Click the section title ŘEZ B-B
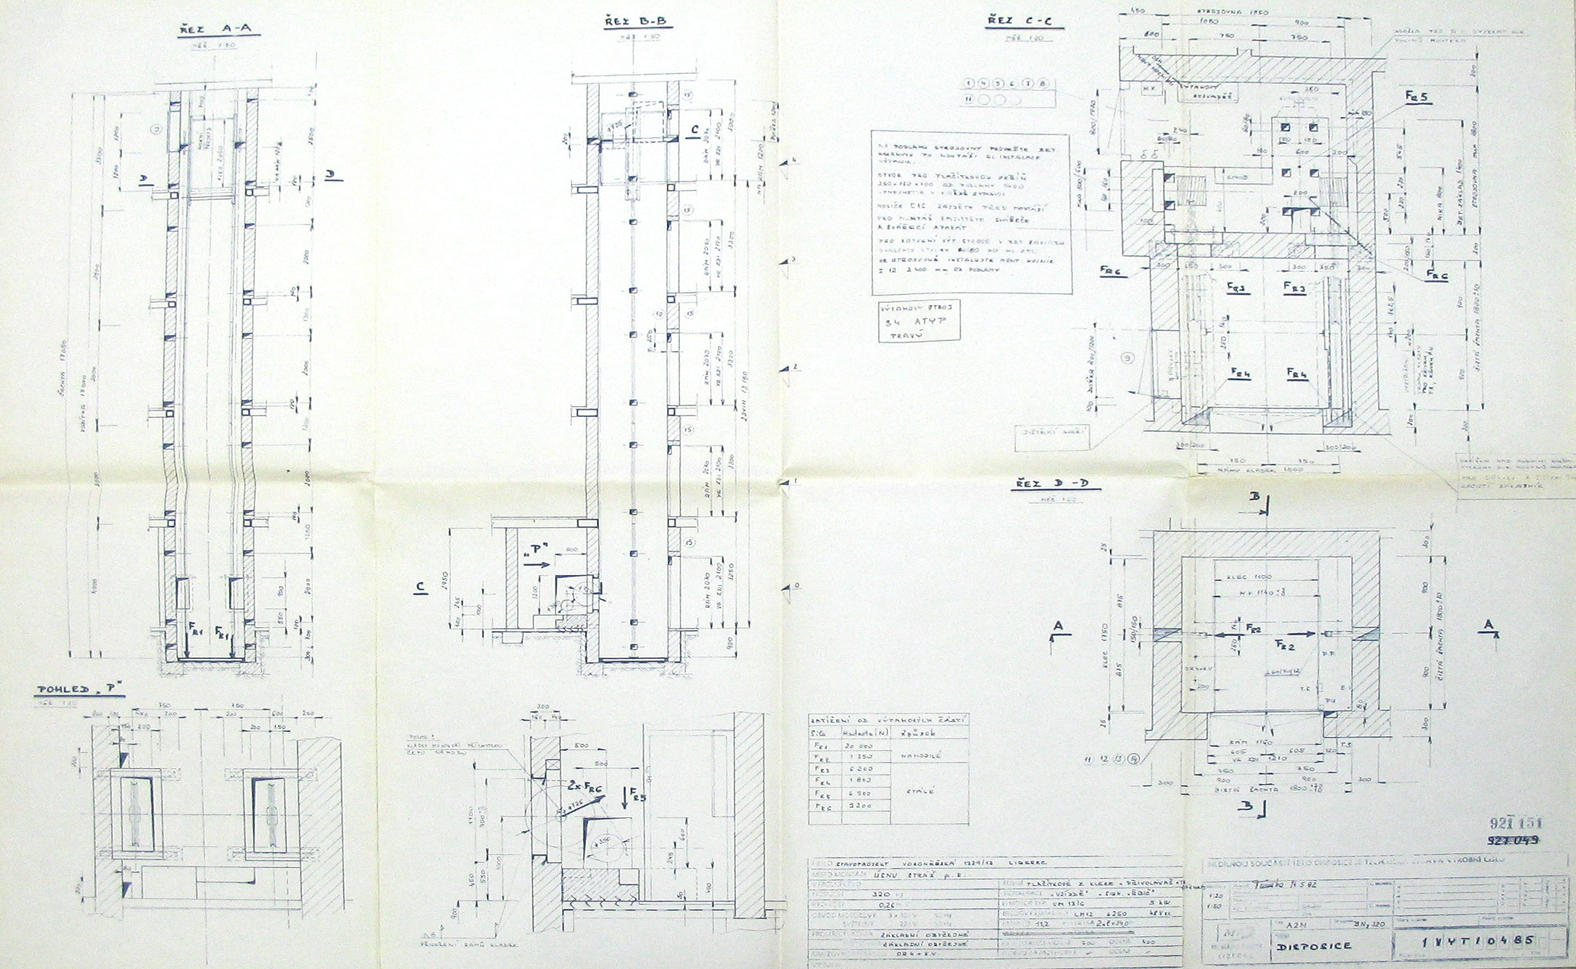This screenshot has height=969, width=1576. pos(637,23)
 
